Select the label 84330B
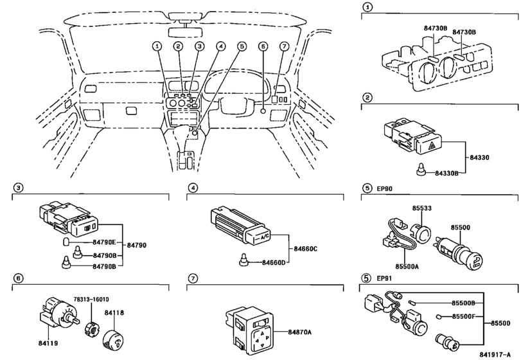(448, 174)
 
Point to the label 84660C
(306, 248)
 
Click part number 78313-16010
(91, 299)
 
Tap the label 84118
(114, 312)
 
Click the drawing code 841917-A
(499, 354)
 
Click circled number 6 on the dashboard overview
(262, 46)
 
